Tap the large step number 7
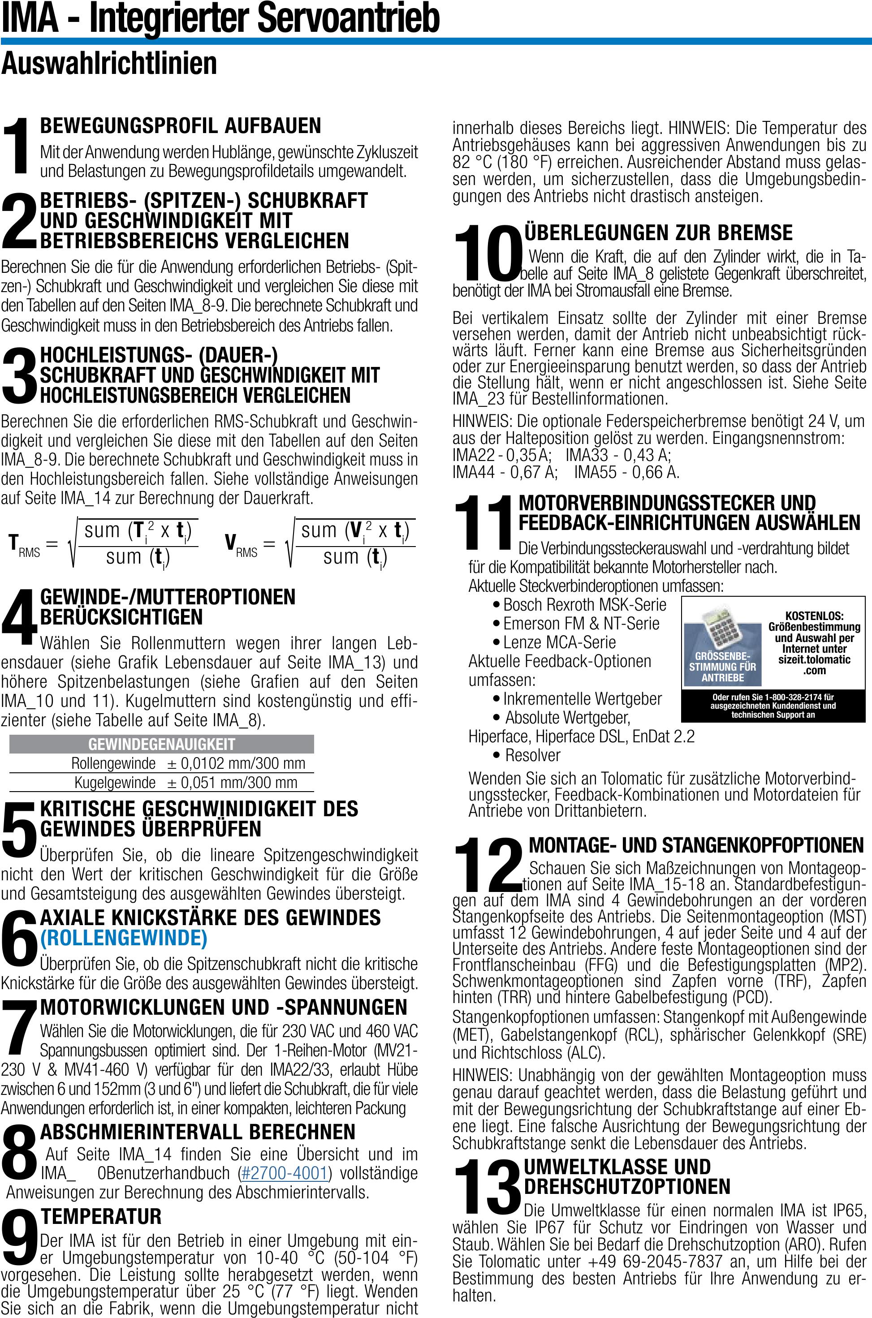[19, 1029]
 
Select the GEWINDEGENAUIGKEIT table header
[161, 744]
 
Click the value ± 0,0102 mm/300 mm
[236, 763]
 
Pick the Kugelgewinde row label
[115, 783]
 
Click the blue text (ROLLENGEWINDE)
[124, 939]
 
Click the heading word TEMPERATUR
[101, 1217]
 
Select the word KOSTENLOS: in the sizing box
[814, 616]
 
